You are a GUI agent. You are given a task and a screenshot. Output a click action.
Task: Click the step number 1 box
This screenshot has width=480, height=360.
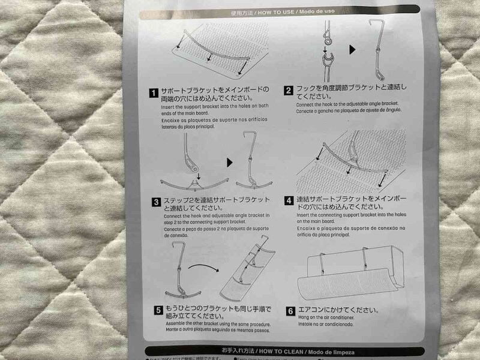pyautogui.click(x=154, y=92)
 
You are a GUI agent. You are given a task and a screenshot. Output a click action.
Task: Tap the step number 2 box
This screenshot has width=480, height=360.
pyautogui.click(x=289, y=91)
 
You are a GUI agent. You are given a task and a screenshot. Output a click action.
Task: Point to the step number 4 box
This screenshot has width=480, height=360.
pyautogui.click(x=289, y=200)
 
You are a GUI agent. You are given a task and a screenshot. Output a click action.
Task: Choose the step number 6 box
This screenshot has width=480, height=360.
pyautogui.click(x=290, y=311)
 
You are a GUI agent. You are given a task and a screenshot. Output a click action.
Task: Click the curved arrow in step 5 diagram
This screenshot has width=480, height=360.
pyautogui.click(x=205, y=264)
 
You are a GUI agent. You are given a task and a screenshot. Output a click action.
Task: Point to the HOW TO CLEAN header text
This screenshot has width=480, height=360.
pyautogui.click(x=274, y=349)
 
